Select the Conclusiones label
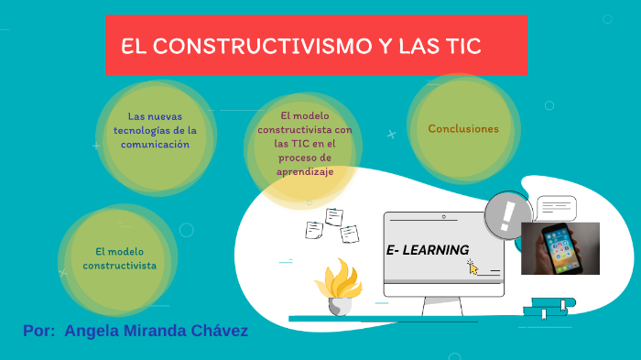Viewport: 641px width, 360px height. [463, 129]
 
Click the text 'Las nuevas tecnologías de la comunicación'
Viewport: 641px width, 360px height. [159, 130]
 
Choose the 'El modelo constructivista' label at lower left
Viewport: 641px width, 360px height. [119, 258]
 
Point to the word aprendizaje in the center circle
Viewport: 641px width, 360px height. [305, 171]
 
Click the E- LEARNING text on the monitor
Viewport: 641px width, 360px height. [428, 250]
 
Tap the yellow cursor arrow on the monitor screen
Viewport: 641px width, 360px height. [473, 267]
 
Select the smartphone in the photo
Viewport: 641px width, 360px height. [559, 248]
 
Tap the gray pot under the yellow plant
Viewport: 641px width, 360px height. [340, 307]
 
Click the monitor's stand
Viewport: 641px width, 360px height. [443, 310]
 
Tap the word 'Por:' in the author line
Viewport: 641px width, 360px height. [39, 331]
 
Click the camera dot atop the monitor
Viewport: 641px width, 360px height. [443, 218]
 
